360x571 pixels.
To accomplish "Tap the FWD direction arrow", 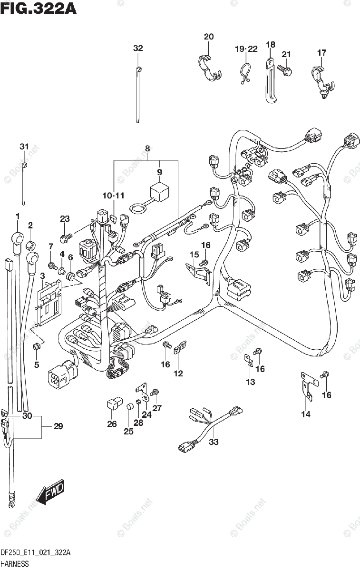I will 50,492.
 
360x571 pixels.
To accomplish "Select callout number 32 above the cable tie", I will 137,48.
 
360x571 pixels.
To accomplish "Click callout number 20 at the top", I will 209,37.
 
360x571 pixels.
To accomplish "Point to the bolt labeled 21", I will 285,69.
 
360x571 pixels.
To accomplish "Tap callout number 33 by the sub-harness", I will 214,442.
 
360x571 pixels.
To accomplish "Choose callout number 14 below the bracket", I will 305,414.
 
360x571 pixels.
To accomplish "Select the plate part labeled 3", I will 50,304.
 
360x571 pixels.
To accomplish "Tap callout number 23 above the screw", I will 65,219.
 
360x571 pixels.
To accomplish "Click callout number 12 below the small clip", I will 178,374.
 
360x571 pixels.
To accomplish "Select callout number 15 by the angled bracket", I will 194,255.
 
